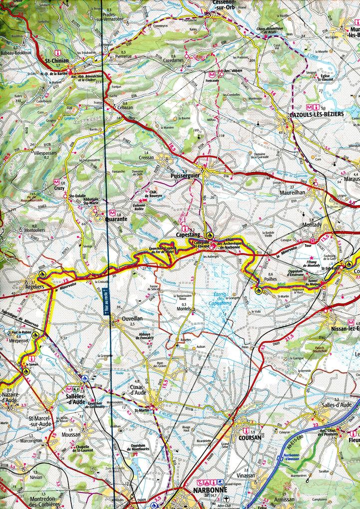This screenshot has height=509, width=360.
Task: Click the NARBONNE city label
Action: (x=211, y=490)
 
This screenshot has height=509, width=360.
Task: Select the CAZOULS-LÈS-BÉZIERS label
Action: (x=317, y=114)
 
